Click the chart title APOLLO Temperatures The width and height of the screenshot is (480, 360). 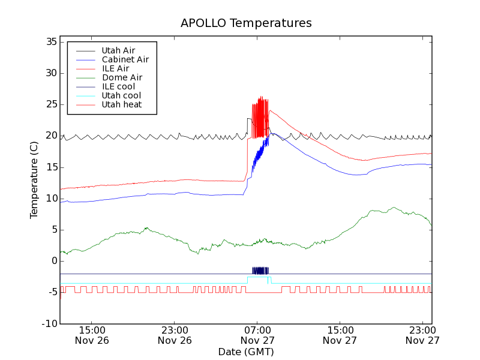pyautogui.click(x=246, y=23)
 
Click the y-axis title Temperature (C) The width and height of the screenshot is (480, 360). pyautogui.click(x=34, y=180)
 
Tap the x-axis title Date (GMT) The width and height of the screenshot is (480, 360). pyautogui.click(x=246, y=352)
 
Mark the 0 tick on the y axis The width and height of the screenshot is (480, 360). pyautogui.click(x=54, y=261)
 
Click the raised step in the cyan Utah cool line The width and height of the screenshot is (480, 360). pyautogui.click(x=258, y=277)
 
